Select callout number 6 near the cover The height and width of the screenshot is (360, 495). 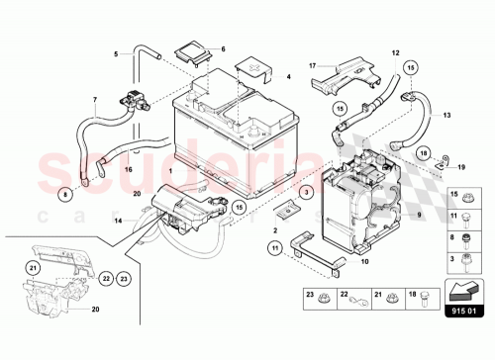[x=223, y=48]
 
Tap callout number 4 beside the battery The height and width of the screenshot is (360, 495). [x=289, y=75]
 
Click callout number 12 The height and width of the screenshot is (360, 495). [x=394, y=51]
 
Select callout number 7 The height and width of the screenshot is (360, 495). [x=95, y=99]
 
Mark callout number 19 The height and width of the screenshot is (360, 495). [x=461, y=169]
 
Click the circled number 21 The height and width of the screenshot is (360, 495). [x=33, y=267]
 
